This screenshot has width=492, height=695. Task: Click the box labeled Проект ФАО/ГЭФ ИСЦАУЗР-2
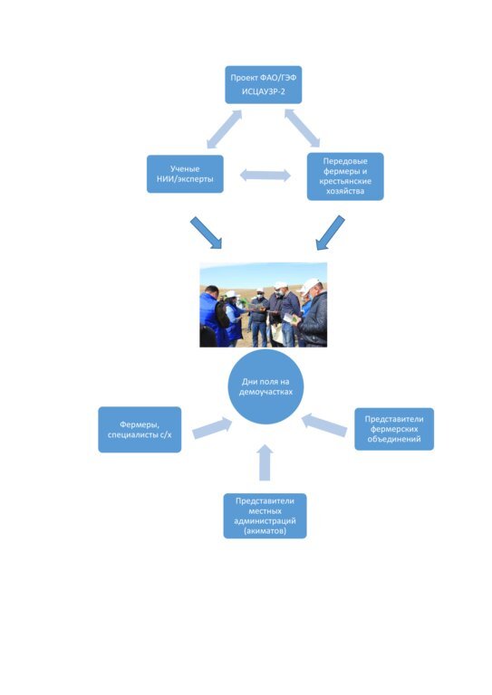point(263,85)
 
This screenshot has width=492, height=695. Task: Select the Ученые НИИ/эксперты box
point(185,174)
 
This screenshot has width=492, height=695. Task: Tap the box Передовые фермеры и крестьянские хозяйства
point(345,176)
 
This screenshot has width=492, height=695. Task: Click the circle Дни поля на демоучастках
point(265,386)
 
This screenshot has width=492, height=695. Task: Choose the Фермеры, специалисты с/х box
point(140,430)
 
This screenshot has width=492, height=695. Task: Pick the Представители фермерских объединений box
point(394,429)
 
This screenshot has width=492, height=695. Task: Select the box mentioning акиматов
point(265,516)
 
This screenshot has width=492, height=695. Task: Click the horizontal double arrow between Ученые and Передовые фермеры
point(265,175)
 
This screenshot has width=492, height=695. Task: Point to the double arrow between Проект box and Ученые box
point(224,129)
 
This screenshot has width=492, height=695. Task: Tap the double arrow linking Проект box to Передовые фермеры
point(302,128)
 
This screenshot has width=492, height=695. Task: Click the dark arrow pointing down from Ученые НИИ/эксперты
point(206,233)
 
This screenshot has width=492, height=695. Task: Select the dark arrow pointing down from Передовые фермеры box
point(330,233)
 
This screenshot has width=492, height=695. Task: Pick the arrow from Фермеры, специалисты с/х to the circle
point(212,428)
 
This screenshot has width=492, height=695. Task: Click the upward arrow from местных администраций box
point(265,462)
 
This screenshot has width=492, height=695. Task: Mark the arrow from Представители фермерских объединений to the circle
point(324,424)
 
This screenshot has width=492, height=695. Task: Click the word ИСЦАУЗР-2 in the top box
point(264,91)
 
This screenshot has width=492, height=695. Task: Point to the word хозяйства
point(345,191)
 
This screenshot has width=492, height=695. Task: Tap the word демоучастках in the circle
point(265,392)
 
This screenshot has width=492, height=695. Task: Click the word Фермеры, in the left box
point(140,424)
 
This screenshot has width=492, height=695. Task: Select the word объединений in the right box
point(394,439)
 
